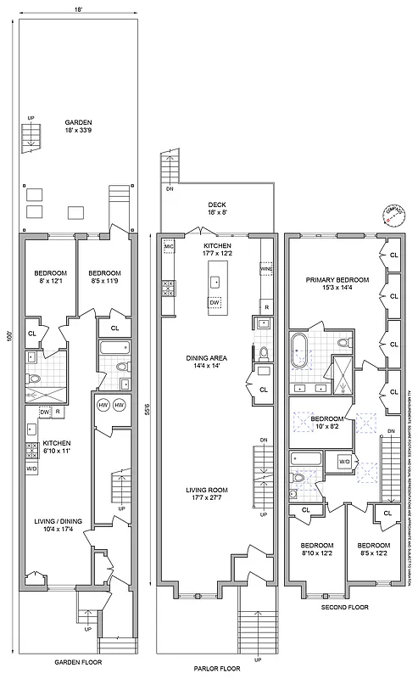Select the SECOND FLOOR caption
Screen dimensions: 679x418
[x=344, y=631]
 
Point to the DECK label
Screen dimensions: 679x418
[x=216, y=205]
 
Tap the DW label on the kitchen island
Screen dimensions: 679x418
[x=214, y=302]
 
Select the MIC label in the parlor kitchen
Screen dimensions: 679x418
[x=168, y=246]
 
